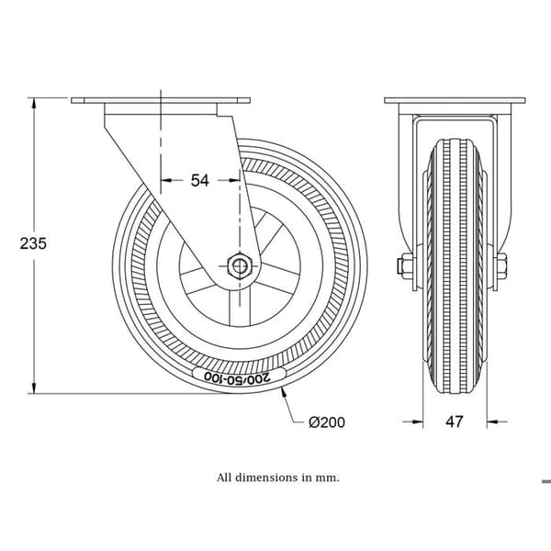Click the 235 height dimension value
pyautogui.click(x=33, y=243)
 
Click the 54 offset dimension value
pyautogui.click(x=199, y=180)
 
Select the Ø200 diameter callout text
pyautogui.click(x=327, y=422)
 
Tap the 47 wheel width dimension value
pyautogui.click(x=455, y=422)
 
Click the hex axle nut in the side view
pyautogui.click(x=239, y=266)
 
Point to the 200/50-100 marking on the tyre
pyautogui.click(x=238, y=377)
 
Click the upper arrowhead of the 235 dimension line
pyautogui.click(x=34, y=103)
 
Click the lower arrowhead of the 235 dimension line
pyautogui.click(x=34, y=388)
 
